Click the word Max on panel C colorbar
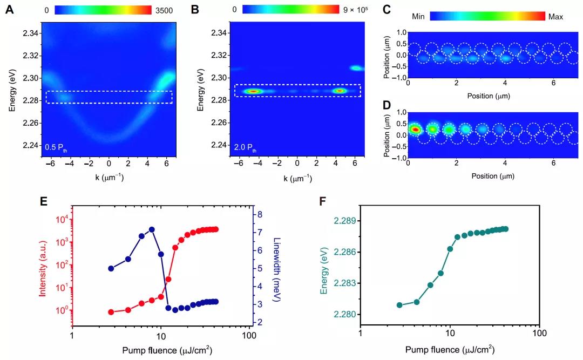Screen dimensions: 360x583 (555, 17)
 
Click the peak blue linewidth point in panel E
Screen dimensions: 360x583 (152, 229)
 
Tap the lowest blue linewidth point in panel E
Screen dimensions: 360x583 (175, 310)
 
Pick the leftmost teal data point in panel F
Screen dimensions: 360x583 (399, 305)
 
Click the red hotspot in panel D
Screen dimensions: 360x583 (415, 130)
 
